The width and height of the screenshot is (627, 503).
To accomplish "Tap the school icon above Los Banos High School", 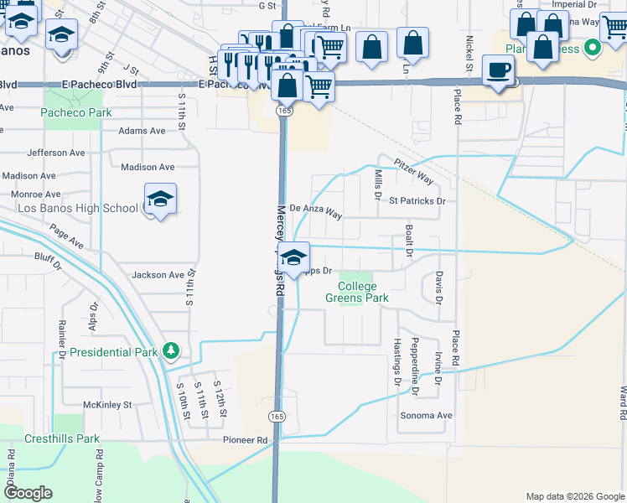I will coord(160,200).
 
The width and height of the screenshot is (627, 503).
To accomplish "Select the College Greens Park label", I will coord(357,292).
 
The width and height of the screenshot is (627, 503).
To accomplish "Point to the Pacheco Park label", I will coord(71,112).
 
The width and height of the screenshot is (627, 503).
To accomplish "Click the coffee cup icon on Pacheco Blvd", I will coord(500,70).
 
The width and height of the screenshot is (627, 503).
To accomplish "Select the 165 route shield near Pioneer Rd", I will coord(277,416).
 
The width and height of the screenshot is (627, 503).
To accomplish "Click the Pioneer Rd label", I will coord(245,439).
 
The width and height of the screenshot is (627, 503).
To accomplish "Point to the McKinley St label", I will coord(108,405).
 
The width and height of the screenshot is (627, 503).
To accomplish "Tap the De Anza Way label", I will coord(316,211).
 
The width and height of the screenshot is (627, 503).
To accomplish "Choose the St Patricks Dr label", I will coord(416,201).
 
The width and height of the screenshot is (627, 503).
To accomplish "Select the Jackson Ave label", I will coord(158,275).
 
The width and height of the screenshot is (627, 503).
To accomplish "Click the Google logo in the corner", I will coord(27,493).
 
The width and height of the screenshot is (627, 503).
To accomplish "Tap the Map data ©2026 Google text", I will coord(575,496).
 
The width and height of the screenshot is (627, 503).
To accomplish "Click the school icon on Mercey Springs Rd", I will coord(293,258).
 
